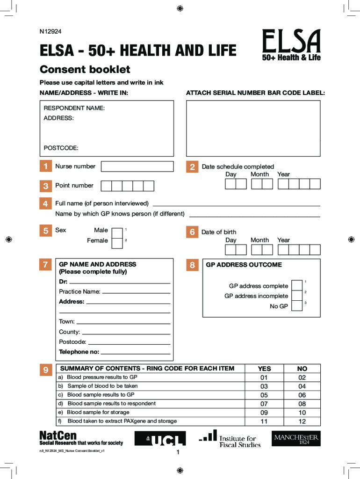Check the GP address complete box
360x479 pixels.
tap(296, 286)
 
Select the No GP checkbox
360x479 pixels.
tap(296, 306)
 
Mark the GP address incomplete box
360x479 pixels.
tap(296, 296)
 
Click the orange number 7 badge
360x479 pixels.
tap(45, 265)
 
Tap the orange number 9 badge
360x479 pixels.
tap(45, 370)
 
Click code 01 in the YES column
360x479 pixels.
tap(264, 377)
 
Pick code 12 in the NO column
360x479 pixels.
tap(302, 421)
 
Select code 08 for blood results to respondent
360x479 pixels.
tap(302, 404)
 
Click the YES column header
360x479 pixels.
tap(264, 369)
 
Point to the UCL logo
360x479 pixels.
tap(160, 438)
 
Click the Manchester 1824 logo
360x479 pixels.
tap(296, 439)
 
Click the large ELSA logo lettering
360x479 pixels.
tap(291, 41)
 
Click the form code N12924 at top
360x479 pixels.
tap(50, 32)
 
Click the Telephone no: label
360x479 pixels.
tap(79, 352)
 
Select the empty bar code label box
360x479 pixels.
tap(253, 128)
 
